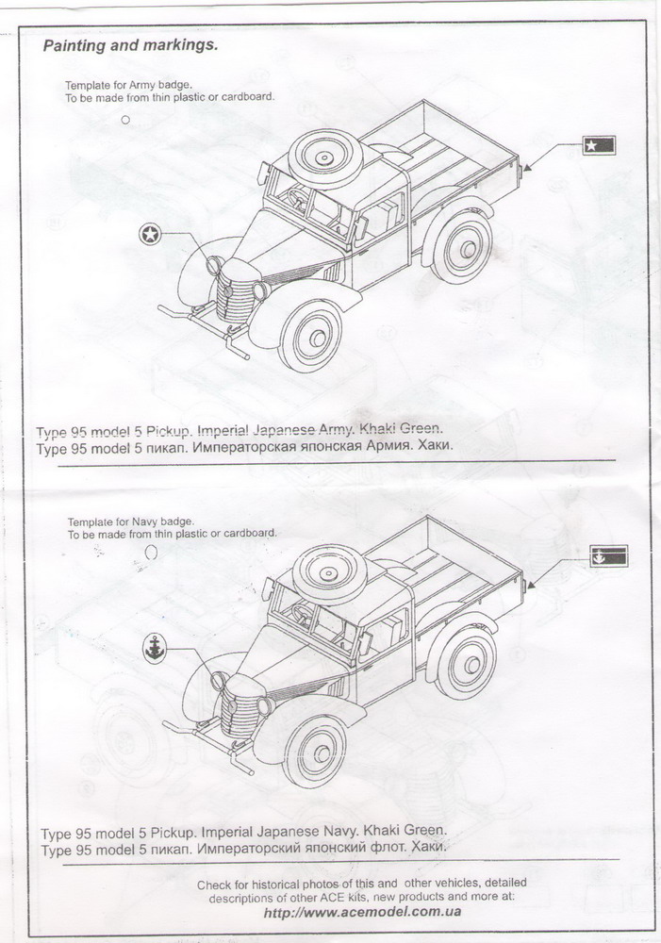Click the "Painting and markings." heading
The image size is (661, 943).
(x=130, y=45)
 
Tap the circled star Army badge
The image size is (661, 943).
(x=149, y=234)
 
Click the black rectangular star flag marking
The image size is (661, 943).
(x=598, y=145)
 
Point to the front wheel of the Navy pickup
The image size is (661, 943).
(x=315, y=750)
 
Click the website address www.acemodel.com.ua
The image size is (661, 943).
(x=363, y=912)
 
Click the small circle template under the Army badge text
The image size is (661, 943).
(x=125, y=120)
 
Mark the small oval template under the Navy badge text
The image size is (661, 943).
(x=149, y=553)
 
